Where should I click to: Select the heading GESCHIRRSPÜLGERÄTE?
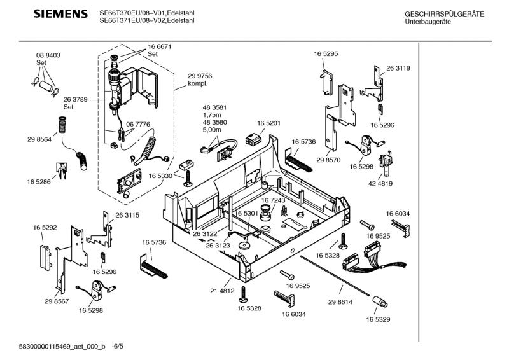coord(444,14)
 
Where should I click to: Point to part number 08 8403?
coord(48,56)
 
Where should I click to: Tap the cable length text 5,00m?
coord(211,130)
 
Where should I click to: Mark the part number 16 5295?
coord(325,55)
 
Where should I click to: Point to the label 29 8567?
coord(57,301)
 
